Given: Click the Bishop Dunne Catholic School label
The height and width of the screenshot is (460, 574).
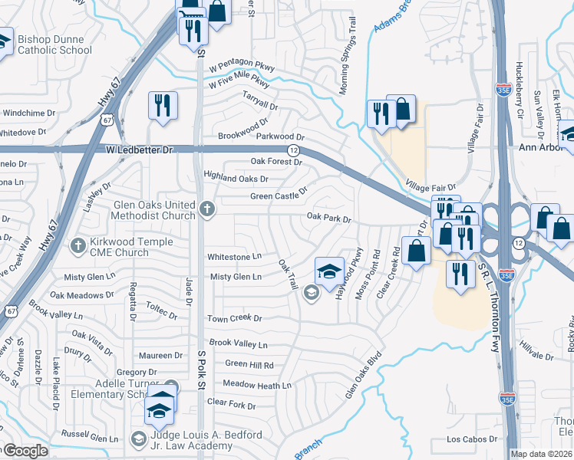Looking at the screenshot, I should (x=54, y=48).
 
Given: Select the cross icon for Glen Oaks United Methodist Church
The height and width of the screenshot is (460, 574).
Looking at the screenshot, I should (x=206, y=209).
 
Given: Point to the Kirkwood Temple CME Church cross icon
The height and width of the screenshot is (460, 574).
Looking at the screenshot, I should (x=77, y=246).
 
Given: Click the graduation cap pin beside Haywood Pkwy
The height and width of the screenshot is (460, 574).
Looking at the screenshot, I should (x=329, y=271).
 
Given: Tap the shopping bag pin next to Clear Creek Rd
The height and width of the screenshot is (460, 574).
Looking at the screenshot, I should (x=416, y=251).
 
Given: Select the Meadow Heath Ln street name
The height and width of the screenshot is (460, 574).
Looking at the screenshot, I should (x=257, y=385).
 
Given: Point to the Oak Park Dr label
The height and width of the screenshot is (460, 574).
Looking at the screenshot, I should (x=328, y=219).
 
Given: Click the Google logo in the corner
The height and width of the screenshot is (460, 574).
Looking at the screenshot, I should (x=24, y=452).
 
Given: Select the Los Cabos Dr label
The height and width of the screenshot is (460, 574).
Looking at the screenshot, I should (x=472, y=439).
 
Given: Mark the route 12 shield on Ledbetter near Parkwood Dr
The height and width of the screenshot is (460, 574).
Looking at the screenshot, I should (x=294, y=149).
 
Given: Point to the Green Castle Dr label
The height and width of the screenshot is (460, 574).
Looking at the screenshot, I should (x=279, y=195).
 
